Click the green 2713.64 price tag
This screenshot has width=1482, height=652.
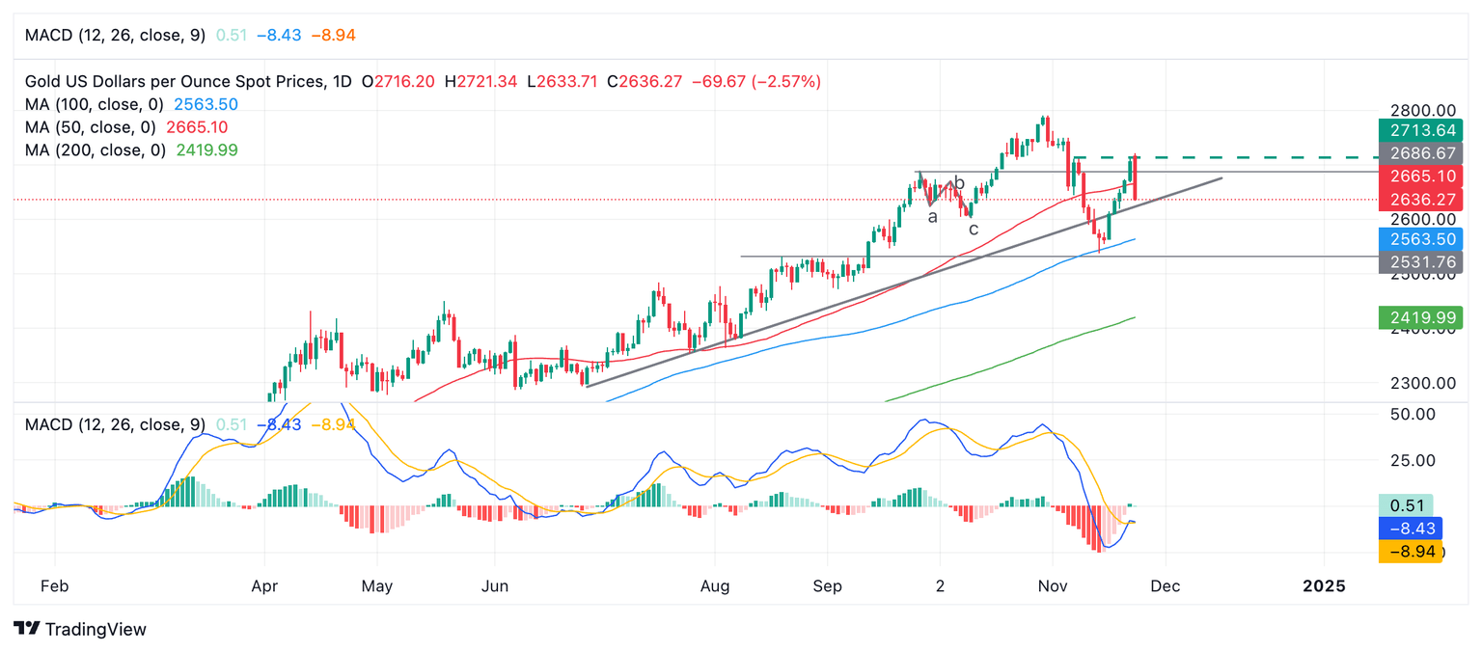(x=1420, y=131)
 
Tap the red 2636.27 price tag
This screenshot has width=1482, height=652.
(x=1420, y=200)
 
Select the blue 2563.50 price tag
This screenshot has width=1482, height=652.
(x=1420, y=239)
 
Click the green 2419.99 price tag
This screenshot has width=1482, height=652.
(x=1420, y=317)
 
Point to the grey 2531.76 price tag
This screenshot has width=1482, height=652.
(x=1420, y=261)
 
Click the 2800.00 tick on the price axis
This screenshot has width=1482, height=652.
(x=1416, y=111)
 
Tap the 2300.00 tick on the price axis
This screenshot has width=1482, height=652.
(x=1416, y=383)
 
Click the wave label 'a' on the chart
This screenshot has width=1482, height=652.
(x=932, y=217)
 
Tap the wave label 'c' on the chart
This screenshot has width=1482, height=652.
(x=974, y=229)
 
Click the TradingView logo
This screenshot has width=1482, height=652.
(x=81, y=629)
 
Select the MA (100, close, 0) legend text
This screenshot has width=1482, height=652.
(x=95, y=104)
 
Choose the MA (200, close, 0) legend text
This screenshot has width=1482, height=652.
(x=95, y=150)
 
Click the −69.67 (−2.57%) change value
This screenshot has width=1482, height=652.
(x=756, y=82)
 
